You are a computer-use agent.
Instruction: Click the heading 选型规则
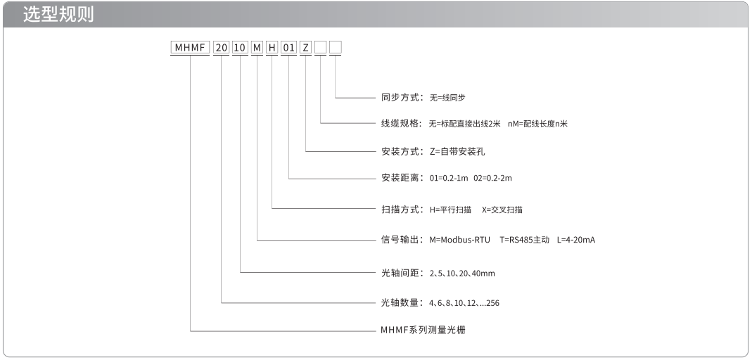(58, 15)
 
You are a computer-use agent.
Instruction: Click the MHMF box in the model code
(191, 47)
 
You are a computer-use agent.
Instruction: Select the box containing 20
(222, 47)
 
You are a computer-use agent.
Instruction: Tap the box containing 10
(241, 47)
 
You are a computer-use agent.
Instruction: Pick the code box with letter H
(272, 47)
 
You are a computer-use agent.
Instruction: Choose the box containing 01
(288, 47)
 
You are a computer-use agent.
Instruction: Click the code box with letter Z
(306, 47)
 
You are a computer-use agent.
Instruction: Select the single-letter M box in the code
(257, 47)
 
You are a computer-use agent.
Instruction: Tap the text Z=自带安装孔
(457, 152)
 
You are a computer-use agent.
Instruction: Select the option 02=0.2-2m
(493, 179)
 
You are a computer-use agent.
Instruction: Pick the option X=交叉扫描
(502, 210)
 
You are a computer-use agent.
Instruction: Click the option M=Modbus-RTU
(460, 240)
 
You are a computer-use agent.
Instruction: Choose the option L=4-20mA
(576, 240)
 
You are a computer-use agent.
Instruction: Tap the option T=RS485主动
(524, 240)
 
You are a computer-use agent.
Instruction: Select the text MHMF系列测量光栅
(423, 330)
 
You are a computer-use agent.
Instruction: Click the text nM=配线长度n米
(537, 124)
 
